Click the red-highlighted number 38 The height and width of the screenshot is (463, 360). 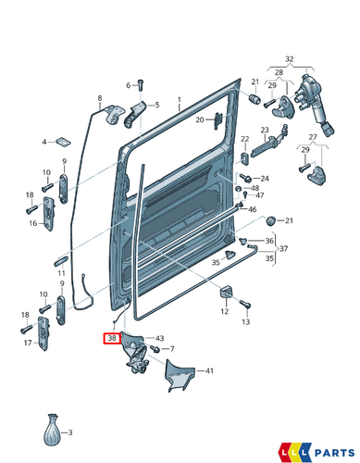112,339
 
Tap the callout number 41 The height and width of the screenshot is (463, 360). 209,371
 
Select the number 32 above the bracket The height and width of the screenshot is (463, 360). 289,58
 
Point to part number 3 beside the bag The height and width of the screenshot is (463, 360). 76,432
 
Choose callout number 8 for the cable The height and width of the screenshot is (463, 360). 100,97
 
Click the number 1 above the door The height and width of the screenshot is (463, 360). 180,97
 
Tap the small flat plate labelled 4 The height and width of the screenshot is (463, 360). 61,143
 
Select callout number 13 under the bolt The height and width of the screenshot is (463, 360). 246,321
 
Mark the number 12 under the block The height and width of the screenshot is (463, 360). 224,312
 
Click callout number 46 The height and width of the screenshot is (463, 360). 252,209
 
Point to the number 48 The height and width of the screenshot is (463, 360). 255,188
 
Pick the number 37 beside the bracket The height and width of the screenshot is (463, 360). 284,249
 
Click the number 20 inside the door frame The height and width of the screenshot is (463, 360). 199,119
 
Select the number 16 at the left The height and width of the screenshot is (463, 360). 31,223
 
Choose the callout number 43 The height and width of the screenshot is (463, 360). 160,338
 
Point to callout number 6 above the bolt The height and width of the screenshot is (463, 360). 129,84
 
